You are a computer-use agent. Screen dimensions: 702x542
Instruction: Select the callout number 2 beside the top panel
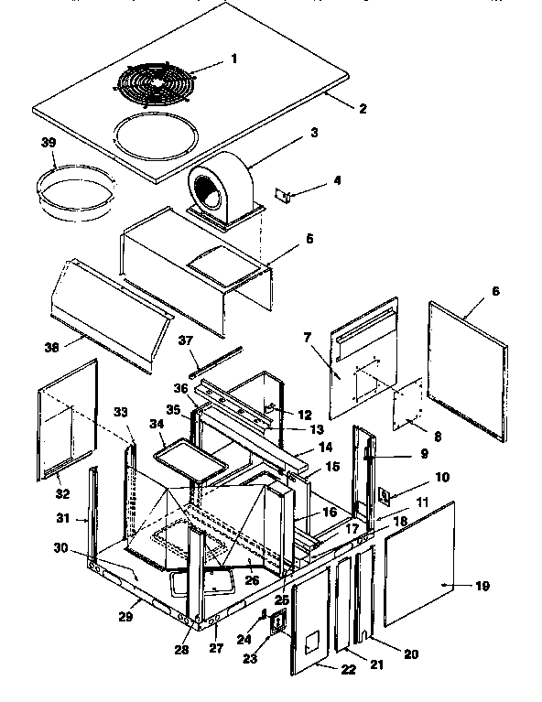point(363,109)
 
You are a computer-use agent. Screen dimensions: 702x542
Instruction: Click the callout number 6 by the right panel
point(495,290)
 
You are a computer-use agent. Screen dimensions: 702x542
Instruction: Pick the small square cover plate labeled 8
point(406,405)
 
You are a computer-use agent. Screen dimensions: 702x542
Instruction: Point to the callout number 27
point(216,647)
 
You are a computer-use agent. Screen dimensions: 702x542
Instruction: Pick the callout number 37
point(188,340)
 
